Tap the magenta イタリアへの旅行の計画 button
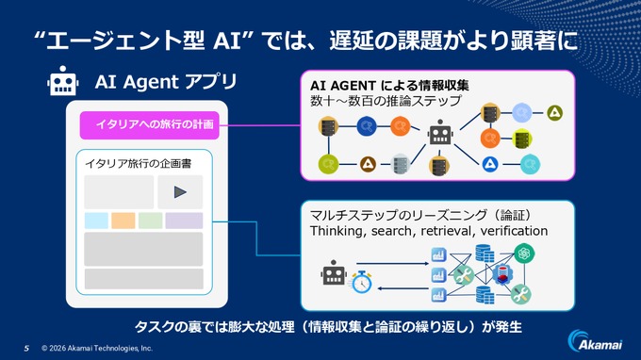(x=148, y=124)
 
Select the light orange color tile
(x=123, y=221)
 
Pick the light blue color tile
(x=96, y=221)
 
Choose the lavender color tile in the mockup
(x=184, y=221)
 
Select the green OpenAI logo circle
(x=524, y=252)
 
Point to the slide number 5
(x=26, y=346)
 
